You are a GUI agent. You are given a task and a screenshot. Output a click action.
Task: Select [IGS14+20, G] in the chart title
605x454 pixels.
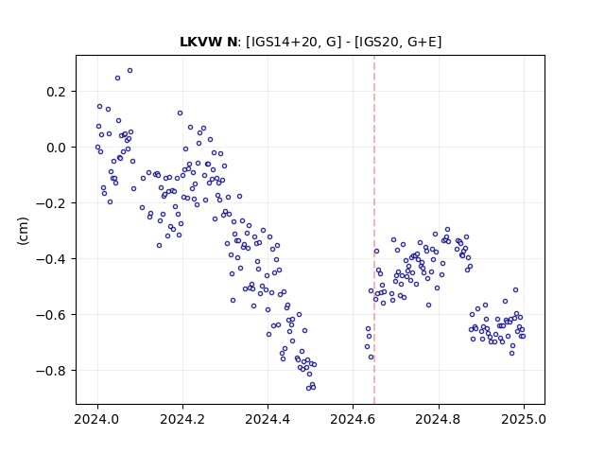[294, 42]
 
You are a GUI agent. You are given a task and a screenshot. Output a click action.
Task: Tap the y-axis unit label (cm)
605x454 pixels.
[23, 231]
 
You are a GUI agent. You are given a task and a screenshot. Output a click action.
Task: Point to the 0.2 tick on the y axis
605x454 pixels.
[56, 92]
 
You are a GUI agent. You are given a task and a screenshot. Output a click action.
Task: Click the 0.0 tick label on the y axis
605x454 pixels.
[56, 148]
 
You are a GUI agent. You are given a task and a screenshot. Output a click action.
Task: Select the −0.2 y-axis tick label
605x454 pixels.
[51, 203]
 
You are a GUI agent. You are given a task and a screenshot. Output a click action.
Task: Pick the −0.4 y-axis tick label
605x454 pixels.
[51, 258]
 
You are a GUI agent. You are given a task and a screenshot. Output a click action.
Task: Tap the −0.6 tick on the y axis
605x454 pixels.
[51, 315]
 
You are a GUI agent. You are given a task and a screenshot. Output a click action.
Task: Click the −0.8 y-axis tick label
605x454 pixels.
[51, 371]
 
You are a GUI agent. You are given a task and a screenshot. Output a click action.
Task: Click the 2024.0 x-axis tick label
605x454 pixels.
[97, 419]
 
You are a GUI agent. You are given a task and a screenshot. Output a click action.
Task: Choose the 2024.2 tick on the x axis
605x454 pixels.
[182, 419]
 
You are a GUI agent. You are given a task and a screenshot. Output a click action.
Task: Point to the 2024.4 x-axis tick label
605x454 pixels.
[268, 419]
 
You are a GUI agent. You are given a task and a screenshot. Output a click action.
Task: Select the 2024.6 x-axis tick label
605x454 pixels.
[353, 419]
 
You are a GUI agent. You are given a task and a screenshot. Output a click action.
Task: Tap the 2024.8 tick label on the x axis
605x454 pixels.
[439, 419]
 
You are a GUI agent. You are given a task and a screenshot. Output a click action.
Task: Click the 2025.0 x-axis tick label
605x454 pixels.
[524, 419]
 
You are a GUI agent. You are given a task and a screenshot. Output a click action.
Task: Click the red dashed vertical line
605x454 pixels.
[374, 230]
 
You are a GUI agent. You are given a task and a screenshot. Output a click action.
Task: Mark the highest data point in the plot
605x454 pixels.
[130, 71]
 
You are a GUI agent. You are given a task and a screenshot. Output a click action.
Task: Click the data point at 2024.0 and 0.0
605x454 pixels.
[97, 148]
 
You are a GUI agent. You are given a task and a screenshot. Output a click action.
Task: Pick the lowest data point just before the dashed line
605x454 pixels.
[372, 358]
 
